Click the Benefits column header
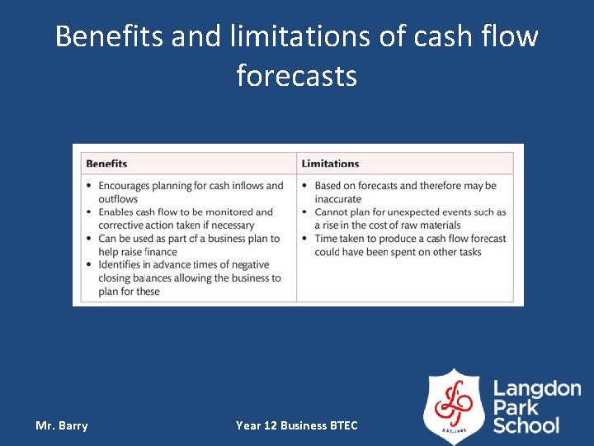[106, 164]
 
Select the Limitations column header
[330, 164]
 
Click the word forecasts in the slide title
[296, 76]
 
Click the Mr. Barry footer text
[61, 425]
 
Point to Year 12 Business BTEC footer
[296, 425]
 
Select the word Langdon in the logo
[537, 389]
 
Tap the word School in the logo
[526, 425]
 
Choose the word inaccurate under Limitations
[337, 199]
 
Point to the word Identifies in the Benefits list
[122, 265]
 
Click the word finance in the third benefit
[160, 252]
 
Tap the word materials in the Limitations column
[434, 225]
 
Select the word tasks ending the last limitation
[469, 252]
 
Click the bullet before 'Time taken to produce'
[305, 239]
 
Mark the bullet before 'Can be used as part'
[89, 239]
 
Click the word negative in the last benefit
[249, 265]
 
